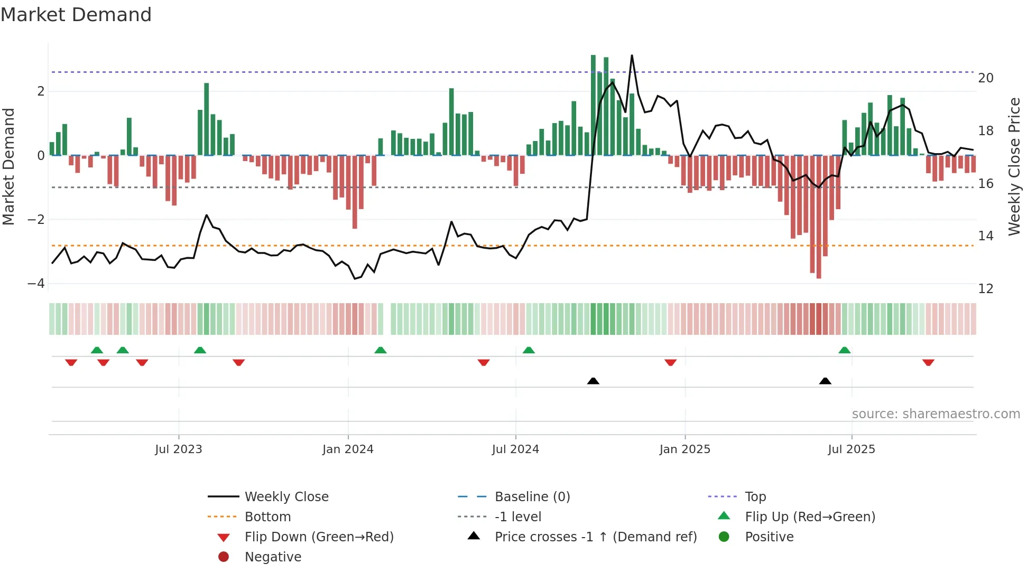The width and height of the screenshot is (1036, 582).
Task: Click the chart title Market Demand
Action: click(76, 15)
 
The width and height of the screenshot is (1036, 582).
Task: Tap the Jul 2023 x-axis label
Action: click(179, 449)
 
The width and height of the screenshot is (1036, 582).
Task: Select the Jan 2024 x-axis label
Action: click(348, 449)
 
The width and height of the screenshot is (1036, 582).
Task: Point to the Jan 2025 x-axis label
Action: click(684, 449)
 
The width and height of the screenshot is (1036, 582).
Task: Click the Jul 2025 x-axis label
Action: click(852, 449)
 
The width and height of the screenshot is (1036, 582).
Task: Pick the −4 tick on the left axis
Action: click(36, 284)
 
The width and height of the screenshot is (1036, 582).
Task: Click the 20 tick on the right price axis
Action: click(985, 78)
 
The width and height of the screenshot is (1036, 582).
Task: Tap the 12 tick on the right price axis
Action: click(985, 289)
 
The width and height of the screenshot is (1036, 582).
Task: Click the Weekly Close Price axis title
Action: click(1014, 166)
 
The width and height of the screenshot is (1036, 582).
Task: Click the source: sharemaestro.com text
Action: click(936, 414)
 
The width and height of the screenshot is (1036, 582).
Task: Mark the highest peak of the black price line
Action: click(632, 55)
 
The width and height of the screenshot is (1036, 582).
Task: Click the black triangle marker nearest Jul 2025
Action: click(825, 381)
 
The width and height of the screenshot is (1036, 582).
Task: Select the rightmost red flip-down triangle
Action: click(928, 362)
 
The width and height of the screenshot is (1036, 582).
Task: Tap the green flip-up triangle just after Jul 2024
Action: click(529, 350)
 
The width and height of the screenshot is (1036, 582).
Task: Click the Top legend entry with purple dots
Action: click(755, 497)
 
